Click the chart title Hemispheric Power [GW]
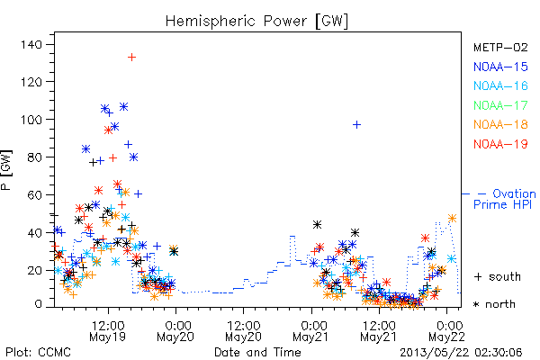point(256,21)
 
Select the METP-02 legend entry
point(500,47)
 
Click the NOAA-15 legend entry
point(500,67)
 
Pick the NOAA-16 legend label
point(500,85)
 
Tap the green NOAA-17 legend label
point(500,105)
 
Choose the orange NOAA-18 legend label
point(500,124)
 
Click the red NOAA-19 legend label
point(500,144)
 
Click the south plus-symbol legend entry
point(498,276)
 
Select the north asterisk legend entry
point(494,304)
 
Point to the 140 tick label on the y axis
point(31,44)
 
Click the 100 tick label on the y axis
point(31,120)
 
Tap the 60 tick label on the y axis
point(35,194)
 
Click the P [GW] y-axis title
point(6,170)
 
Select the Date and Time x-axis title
point(257,352)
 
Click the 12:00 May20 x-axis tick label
point(244,331)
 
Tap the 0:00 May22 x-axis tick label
point(446,331)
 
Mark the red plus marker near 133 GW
point(131,57)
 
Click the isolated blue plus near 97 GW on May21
point(356,124)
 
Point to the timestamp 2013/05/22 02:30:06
point(461,353)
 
